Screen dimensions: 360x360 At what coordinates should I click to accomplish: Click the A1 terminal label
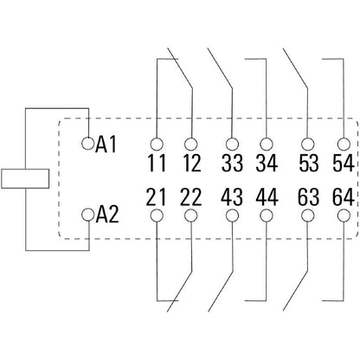106,145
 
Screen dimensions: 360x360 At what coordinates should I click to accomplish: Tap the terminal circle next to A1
87,141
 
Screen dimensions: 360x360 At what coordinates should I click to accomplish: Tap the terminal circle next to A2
87,211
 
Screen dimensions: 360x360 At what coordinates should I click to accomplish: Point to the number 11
157,163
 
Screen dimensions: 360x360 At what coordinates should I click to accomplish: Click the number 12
193,163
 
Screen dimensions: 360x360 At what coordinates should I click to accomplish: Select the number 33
231,163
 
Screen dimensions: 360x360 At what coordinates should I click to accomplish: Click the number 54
343,163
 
